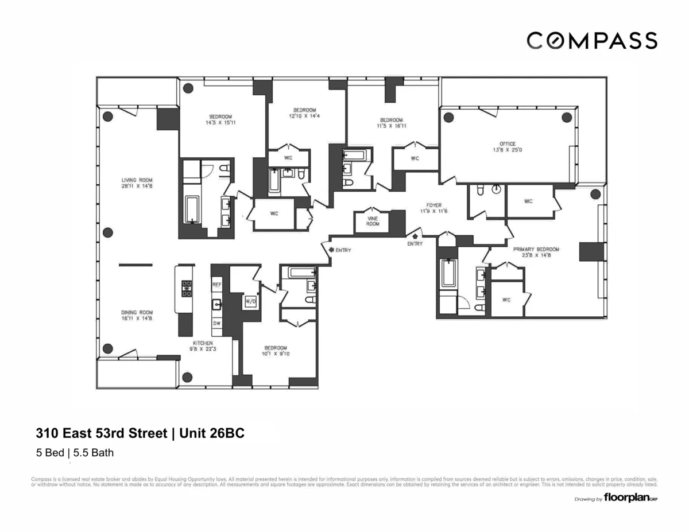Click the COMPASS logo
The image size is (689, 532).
pos(592,41)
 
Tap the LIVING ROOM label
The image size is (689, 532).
pos(137,182)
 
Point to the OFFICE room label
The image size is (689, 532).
pos(507,146)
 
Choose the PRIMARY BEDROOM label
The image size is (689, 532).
pos(536,253)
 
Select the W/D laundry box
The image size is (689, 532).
pos(250,301)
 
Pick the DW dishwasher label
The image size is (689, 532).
pos(216,324)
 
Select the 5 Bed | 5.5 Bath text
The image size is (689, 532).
pos(75,453)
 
